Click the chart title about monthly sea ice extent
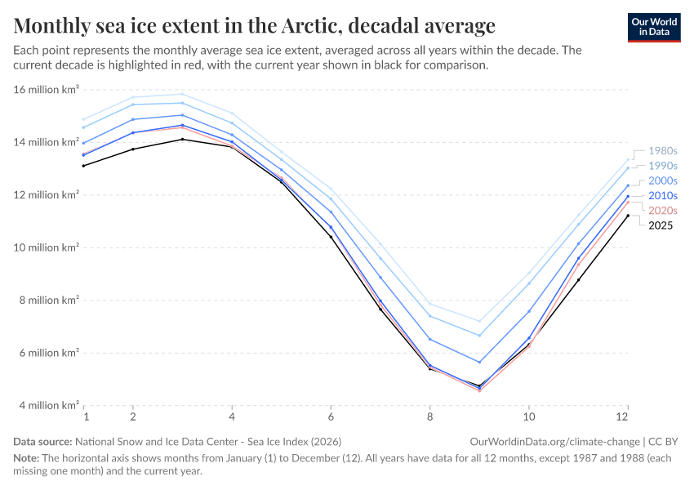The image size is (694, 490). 254,25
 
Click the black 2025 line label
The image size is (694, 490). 661,225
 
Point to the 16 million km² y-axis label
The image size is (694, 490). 47,89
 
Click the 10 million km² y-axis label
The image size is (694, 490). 47,247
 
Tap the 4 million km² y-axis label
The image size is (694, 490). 47,405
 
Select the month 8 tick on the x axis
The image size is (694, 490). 429,416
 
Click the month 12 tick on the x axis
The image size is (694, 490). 627,416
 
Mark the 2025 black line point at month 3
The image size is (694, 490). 182,139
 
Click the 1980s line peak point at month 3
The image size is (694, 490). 182,94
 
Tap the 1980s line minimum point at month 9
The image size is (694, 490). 479,321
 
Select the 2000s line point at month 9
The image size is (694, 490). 479,362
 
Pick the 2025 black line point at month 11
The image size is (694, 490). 578,279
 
